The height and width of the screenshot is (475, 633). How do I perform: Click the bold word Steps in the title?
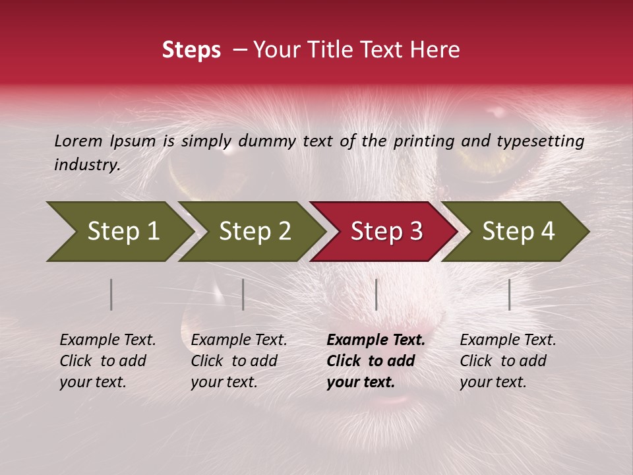pos(191,50)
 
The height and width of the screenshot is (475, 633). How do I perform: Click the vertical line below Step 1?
pos(111,294)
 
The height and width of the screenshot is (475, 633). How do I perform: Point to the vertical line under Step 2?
pos(243,294)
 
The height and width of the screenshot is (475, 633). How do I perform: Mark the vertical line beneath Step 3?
pos(376,294)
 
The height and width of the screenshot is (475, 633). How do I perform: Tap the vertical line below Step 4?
pos(509,294)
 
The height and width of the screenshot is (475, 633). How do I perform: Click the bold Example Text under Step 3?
pos(376,340)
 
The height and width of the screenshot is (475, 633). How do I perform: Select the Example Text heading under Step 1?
pos(107,340)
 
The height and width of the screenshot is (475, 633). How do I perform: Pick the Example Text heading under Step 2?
pos(239,340)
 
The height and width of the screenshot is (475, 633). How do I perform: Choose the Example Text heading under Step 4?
pos(508,340)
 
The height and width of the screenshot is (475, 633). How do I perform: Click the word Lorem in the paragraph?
pos(78,141)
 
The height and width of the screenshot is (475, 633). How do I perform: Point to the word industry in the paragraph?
pos(87,165)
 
